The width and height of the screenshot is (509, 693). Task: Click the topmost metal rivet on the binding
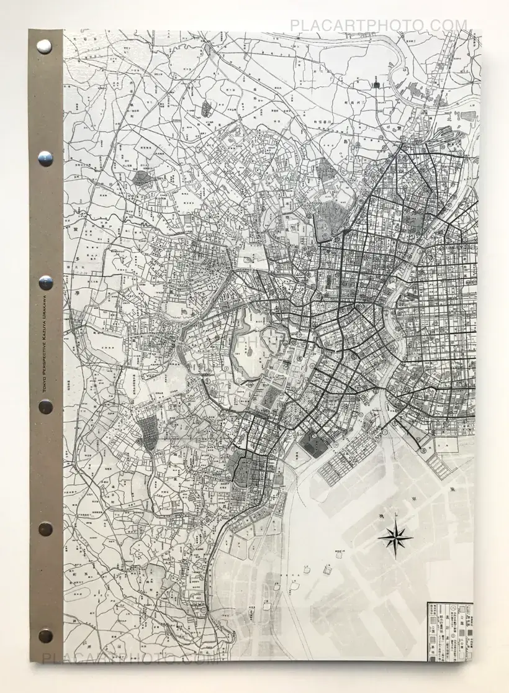pyautogui.click(x=44, y=46)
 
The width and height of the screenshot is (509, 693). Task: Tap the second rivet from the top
pyautogui.click(x=45, y=159)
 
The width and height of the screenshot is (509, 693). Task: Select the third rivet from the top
pyautogui.click(x=45, y=283)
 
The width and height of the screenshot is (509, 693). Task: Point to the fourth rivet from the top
pyautogui.click(x=45, y=407)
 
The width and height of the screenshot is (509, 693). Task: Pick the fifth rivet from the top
pyautogui.click(x=45, y=528)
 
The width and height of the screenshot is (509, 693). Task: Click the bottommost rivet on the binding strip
pyautogui.click(x=45, y=635)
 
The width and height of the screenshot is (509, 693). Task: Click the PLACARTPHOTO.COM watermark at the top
pyautogui.click(x=378, y=26)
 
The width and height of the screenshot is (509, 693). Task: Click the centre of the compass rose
pyautogui.click(x=395, y=538)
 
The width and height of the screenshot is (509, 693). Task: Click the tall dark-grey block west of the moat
pyautogui.click(x=149, y=432)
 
